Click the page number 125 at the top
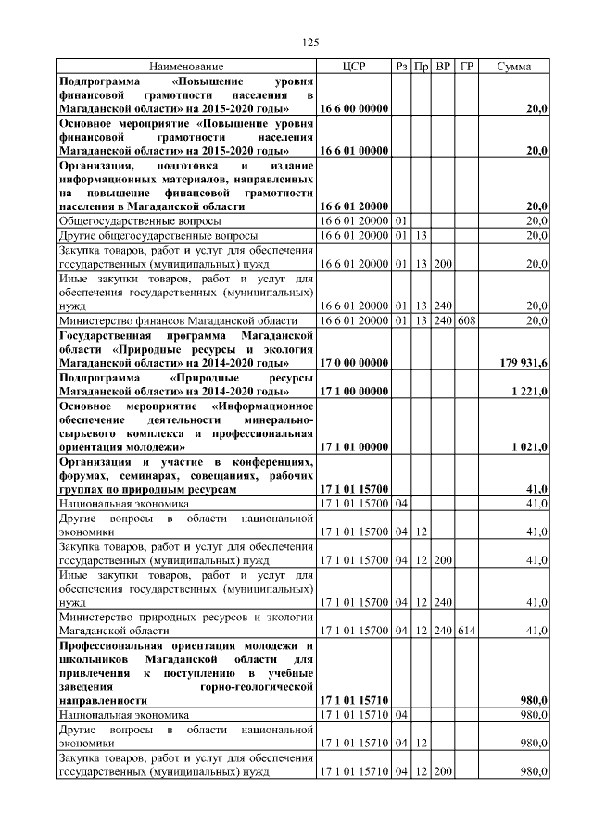311,43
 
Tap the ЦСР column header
355,67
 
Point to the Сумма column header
514,67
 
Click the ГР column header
467,67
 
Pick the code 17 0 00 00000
354,364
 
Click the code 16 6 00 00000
354,109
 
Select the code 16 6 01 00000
354,150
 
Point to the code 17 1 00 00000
354,392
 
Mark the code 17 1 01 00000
354,447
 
